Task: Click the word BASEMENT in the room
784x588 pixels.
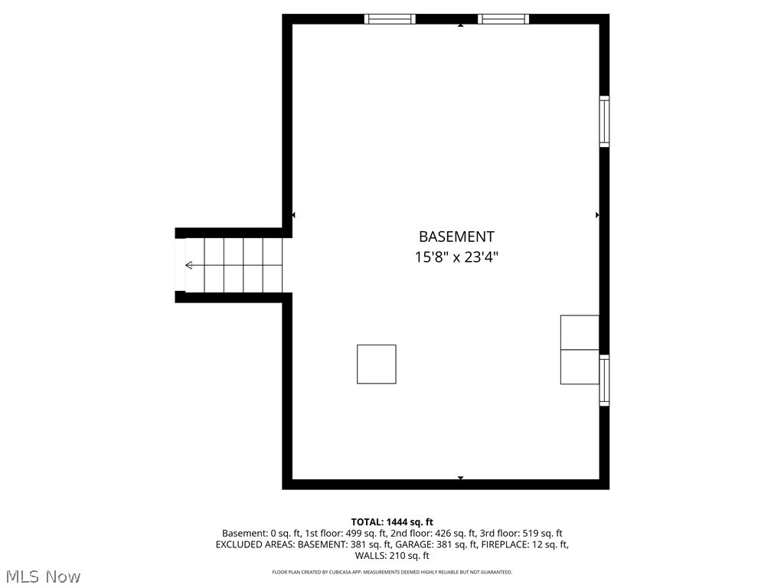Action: point(456,237)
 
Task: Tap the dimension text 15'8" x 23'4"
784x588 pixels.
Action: point(456,257)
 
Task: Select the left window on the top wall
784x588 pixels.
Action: point(390,19)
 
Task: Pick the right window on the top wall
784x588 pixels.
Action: point(503,19)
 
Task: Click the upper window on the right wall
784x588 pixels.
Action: point(604,121)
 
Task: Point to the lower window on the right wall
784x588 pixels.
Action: point(604,380)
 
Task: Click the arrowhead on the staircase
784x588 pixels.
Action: point(189,266)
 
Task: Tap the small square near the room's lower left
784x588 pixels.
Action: point(377,364)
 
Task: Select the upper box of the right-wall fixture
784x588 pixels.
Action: point(580,332)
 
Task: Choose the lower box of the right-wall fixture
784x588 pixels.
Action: point(580,367)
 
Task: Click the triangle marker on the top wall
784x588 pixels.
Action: point(461,25)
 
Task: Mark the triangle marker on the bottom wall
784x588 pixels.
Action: point(461,479)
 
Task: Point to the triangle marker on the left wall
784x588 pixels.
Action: point(294,215)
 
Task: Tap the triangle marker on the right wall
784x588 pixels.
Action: point(597,215)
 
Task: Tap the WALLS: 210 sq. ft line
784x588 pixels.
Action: point(392,556)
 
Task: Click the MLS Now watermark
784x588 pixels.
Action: point(43,576)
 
